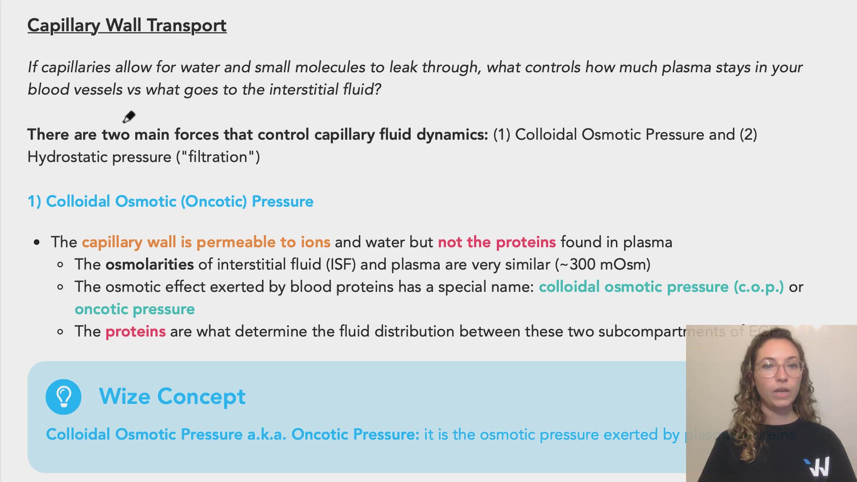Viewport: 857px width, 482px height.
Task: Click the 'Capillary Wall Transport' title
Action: click(127, 25)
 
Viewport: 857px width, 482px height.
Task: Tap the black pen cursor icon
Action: click(129, 117)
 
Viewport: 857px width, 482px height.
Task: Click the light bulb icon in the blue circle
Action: click(63, 397)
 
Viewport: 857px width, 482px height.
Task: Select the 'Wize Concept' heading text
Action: click(172, 396)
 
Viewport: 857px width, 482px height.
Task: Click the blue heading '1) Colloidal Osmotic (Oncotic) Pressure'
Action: click(171, 201)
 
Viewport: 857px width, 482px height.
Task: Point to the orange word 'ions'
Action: click(316, 242)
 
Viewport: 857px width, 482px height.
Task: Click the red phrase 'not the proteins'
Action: click(496, 242)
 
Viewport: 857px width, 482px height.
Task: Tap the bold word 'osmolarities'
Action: click(150, 264)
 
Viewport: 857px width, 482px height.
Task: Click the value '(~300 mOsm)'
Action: click(603, 264)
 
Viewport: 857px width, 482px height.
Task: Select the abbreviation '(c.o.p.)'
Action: click(758, 287)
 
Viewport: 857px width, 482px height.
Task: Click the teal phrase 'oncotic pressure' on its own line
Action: click(134, 309)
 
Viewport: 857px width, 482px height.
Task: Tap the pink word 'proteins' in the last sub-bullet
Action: click(135, 331)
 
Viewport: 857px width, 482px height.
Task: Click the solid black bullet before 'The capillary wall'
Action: click(37, 242)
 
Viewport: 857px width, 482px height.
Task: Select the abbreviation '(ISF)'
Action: click(341, 264)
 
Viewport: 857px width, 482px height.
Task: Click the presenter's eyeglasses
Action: click(779, 369)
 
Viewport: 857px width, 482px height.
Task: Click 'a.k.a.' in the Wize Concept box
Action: click(266, 434)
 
